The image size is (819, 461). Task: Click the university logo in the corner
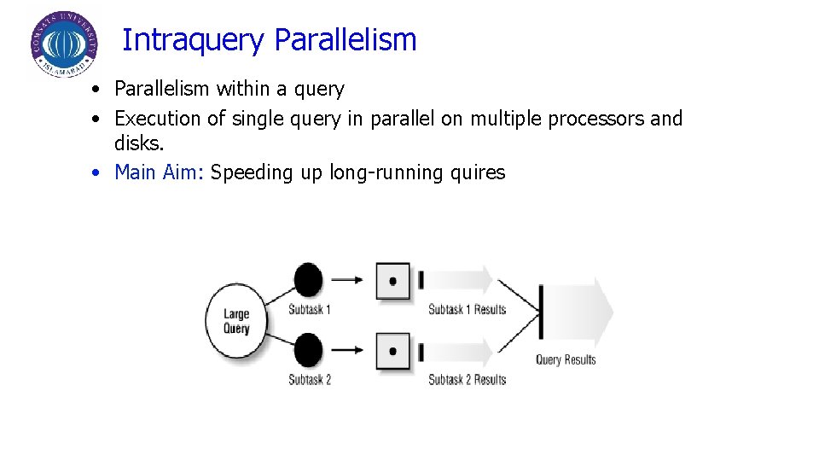pos(63,46)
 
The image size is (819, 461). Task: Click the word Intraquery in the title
pos(194,40)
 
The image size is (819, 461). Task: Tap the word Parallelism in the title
pos(346,40)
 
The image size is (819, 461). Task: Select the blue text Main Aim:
pos(160,172)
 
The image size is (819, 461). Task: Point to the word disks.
pos(138,145)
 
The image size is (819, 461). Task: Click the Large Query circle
pos(236,321)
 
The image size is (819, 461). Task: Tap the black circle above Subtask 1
pos(308,279)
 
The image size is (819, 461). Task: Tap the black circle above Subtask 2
pos(308,350)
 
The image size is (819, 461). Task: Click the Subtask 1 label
pos(310,309)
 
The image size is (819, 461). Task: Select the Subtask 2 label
pos(310,379)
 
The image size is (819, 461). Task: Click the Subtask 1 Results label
pos(467,309)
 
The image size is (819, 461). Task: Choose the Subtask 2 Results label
pos(467,379)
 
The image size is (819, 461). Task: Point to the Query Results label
pos(566,359)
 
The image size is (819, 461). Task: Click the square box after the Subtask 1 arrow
pos(392,281)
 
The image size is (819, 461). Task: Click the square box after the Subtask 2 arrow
pos(392,351)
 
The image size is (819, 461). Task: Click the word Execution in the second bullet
pos(158,119)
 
